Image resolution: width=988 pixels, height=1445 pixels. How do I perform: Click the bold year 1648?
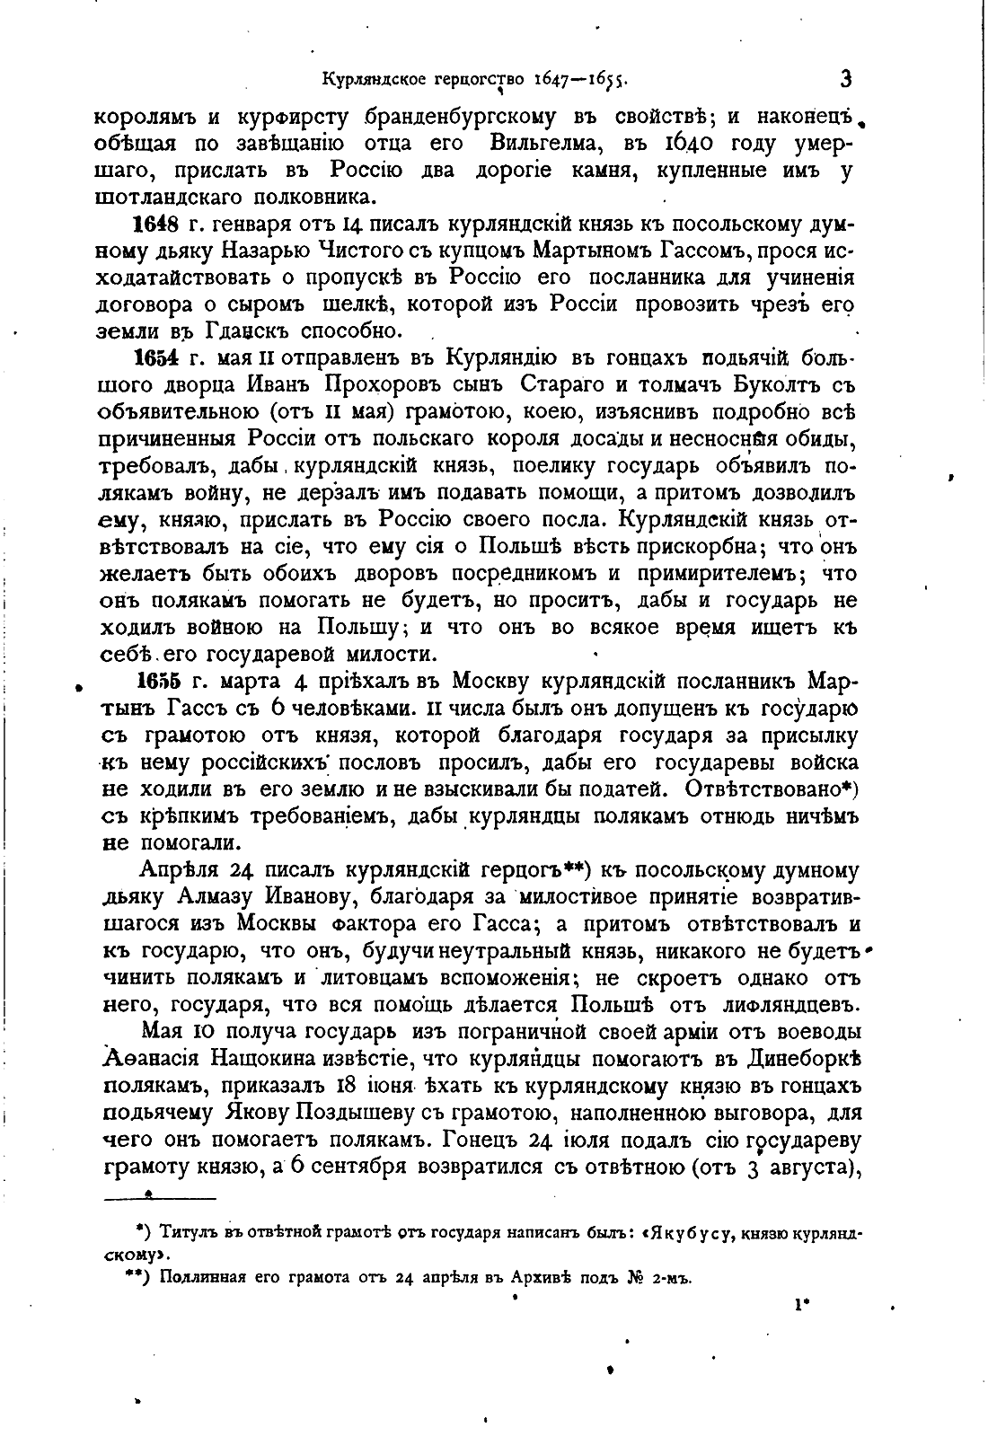pyautogui.click(x=155, y=224)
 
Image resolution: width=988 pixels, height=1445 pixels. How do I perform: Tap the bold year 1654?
pyautogui.click(x=155, y=358)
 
